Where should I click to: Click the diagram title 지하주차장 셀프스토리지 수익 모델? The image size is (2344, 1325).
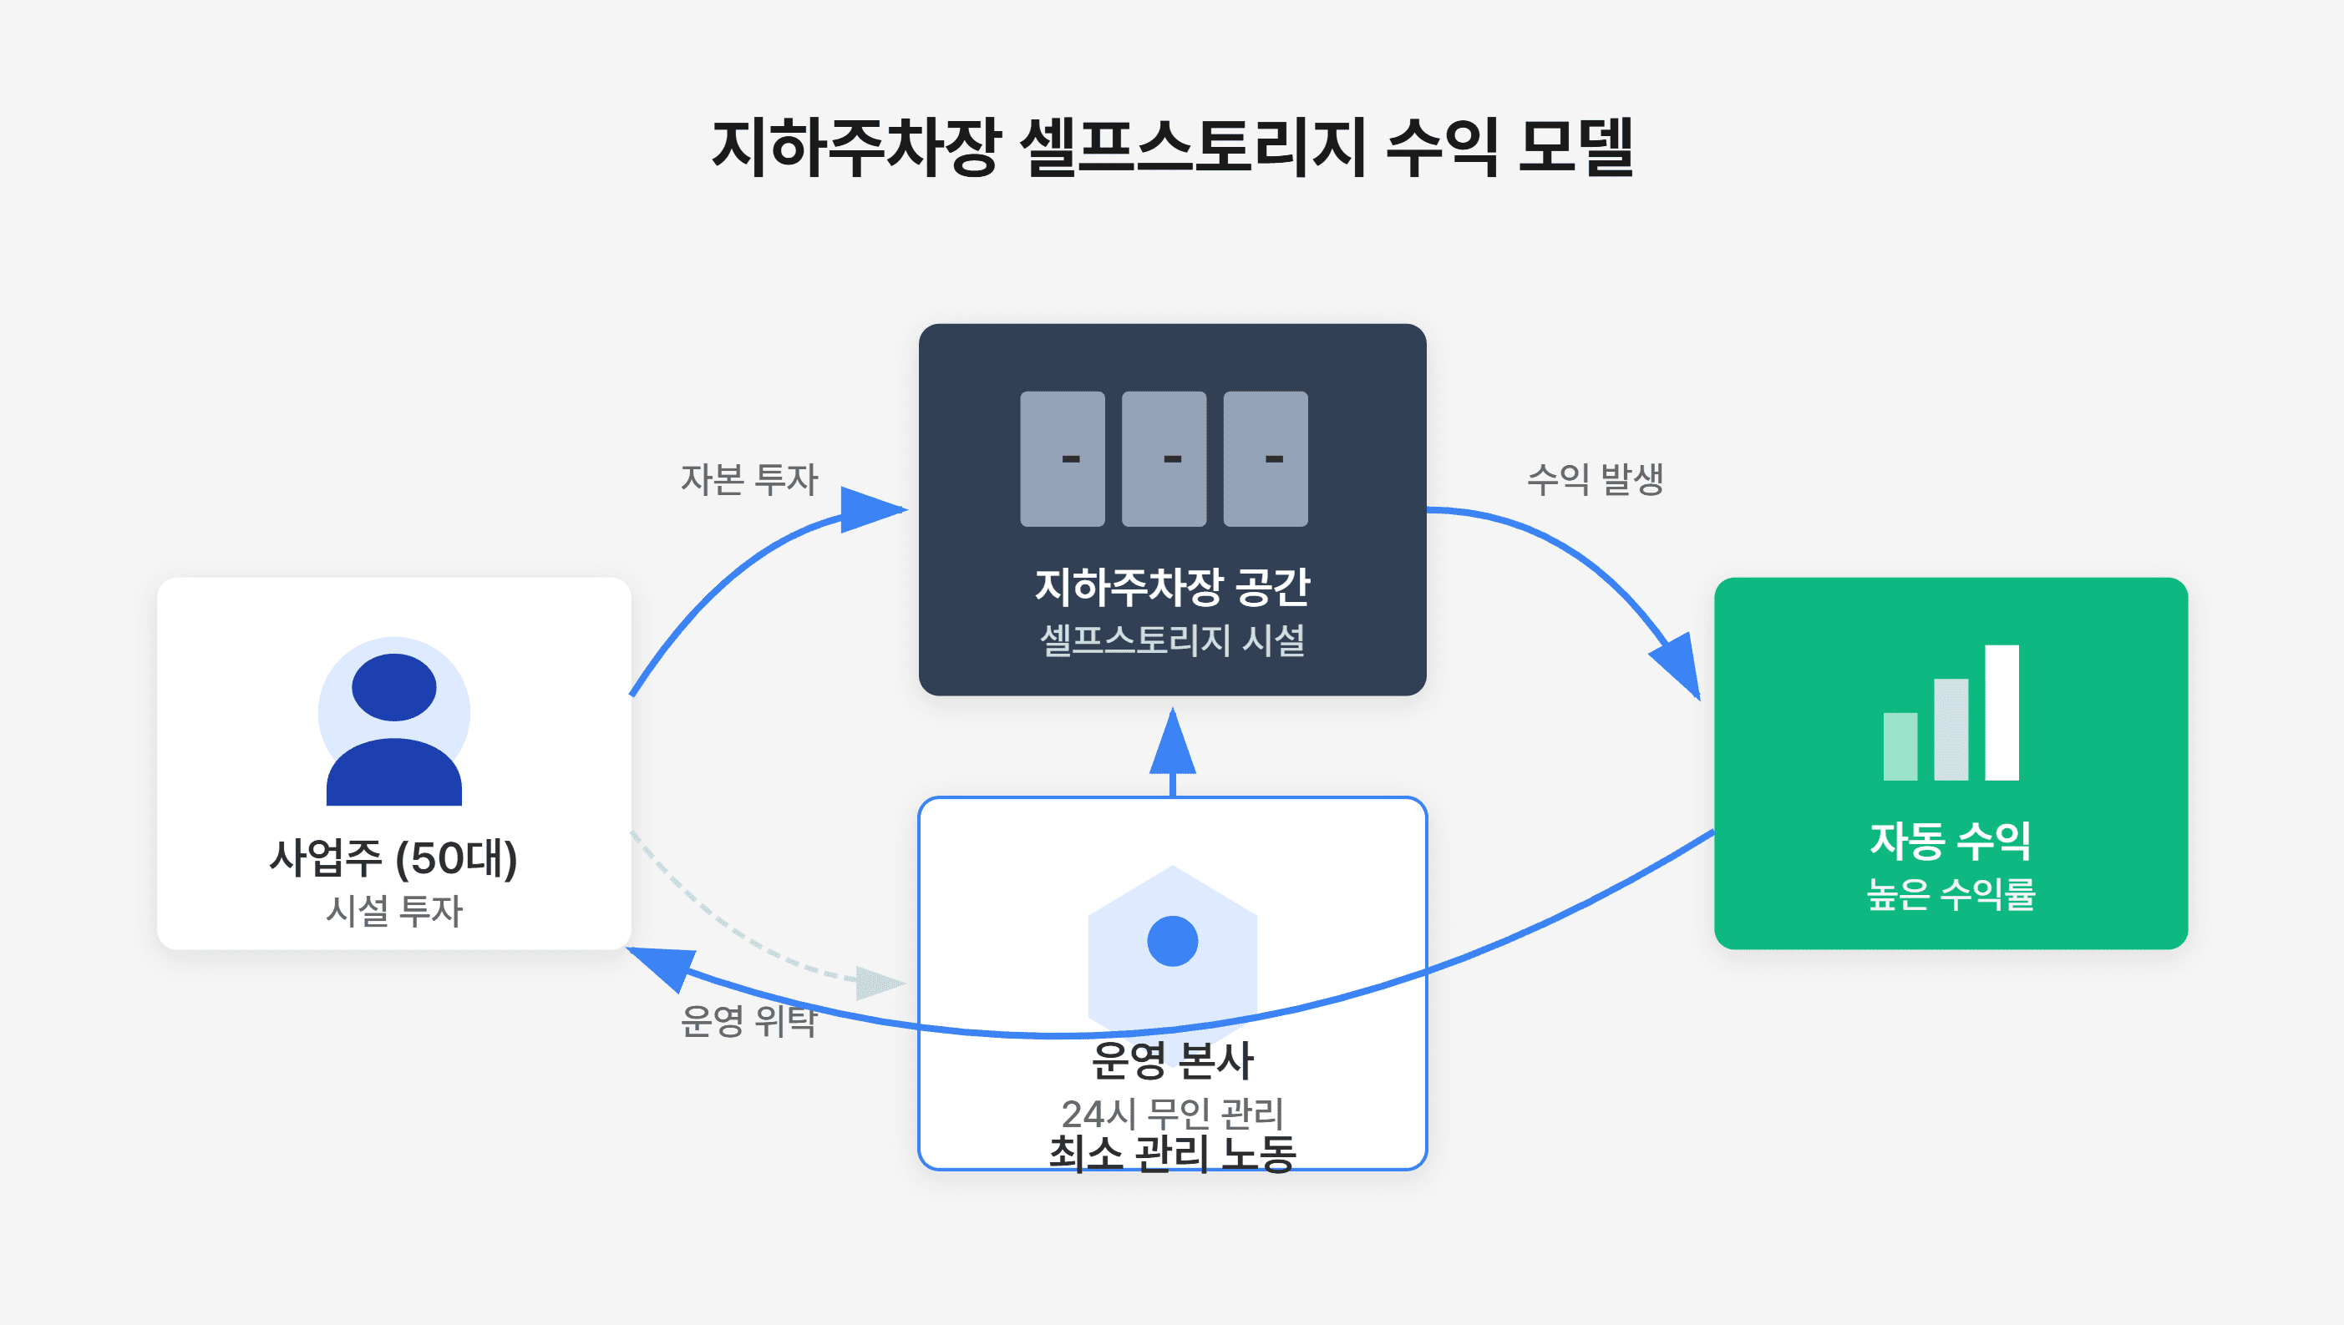click(x=1173, y=146)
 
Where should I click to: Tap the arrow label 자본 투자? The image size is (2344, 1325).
click(x=749, y=479)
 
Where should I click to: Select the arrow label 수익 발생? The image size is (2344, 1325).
click(x=1595, y=479)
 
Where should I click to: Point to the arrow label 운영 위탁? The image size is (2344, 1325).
click(x=749, y=1020)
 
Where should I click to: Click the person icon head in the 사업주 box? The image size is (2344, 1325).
click(x=394, y=687)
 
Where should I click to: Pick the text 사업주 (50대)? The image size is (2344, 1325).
click(x=393, y=858)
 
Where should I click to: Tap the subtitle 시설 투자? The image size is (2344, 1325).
click(x=394, y=911)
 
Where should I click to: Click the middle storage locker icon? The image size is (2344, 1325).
click(x=1164, y=458)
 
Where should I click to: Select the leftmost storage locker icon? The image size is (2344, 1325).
click(x=1063, y=458)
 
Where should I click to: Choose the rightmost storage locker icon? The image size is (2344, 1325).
click(x=1266, y=458)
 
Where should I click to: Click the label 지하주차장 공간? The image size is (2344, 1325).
click(x=1173, y=587)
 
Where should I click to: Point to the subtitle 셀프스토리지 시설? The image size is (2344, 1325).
click(x=1173, y=640)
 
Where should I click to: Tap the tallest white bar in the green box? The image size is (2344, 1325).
click(x=2002, y=712)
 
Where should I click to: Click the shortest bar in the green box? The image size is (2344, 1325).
click(x=1900, y=746)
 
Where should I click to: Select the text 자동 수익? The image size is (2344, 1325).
click(x=1950, y=841)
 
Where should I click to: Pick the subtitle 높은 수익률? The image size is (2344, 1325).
click(x=1951, y=893)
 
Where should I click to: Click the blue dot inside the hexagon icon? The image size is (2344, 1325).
click(x=1173, y=941)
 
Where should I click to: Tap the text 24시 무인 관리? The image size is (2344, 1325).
click(x=1173, y=1113)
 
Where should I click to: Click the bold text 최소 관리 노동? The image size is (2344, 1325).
click(x=1173, y=1154)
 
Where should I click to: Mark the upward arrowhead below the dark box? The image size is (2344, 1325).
click(x=1173, y=741)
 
